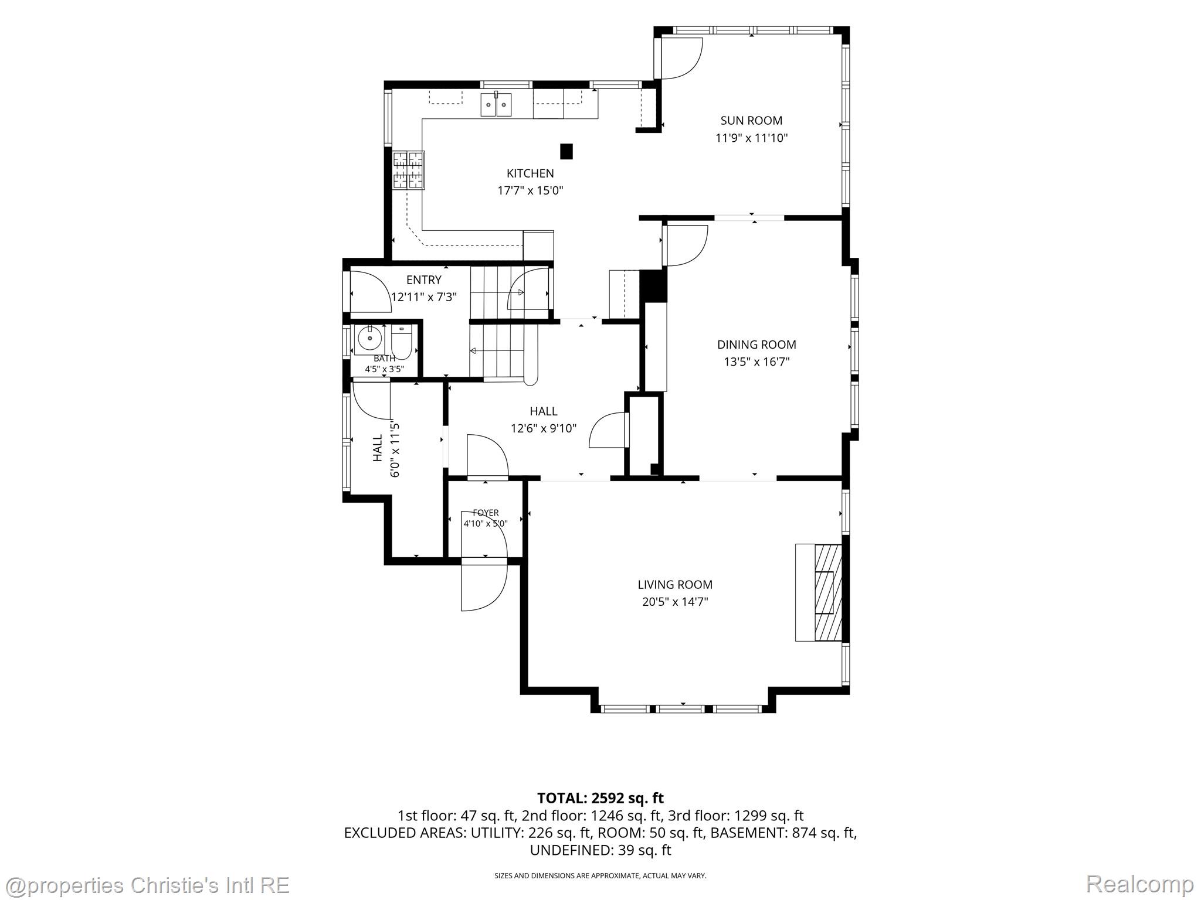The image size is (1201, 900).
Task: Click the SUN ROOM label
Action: pyautogui.click(x=751, y=121)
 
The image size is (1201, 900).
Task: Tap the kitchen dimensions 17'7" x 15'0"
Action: pyautogui.click(x=530, y=190)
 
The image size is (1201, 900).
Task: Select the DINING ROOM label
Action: pyautogui.click(x=756, y=345)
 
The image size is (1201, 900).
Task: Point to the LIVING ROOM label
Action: pyautogui.click(x=675, y=584)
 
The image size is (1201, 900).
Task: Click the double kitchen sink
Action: pyautogui.click(x=496, y=105)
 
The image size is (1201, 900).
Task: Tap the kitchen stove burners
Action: pyautogui.click(x=408, y=170)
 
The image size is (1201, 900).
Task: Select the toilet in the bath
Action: pyautogui.click(x=402, y=343)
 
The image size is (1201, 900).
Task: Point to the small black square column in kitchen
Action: pyautogui.click(x=566, y=151)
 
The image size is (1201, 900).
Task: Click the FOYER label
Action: pyautogui.click(x=486, y=513)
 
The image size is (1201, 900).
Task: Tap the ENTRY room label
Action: pyautogui.click(x=423, y=280)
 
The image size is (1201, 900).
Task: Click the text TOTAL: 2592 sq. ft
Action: pyautogui.click(x=600, y=798)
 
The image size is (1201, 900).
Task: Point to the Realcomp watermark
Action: pyautogui.click(x=1139, y=884)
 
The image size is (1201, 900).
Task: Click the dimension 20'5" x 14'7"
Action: pyautogui.click(x=675, y=602)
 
